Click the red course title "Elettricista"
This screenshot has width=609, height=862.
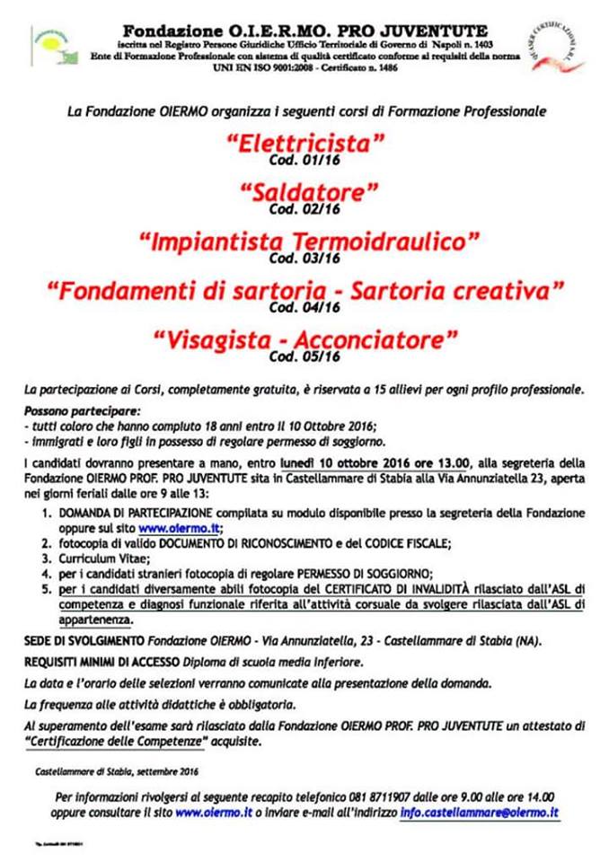point(304,142)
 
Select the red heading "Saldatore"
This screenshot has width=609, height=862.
point(304,191)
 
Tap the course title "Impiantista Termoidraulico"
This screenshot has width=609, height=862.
point(304,241)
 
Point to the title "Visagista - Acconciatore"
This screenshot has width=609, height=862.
point(304,339)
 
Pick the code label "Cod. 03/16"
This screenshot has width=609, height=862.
point(304,259)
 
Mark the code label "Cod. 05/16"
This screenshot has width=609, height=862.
point(304,356)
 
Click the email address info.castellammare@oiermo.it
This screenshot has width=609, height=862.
point(480,813)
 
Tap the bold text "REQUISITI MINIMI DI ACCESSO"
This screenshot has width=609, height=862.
point(101,663)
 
